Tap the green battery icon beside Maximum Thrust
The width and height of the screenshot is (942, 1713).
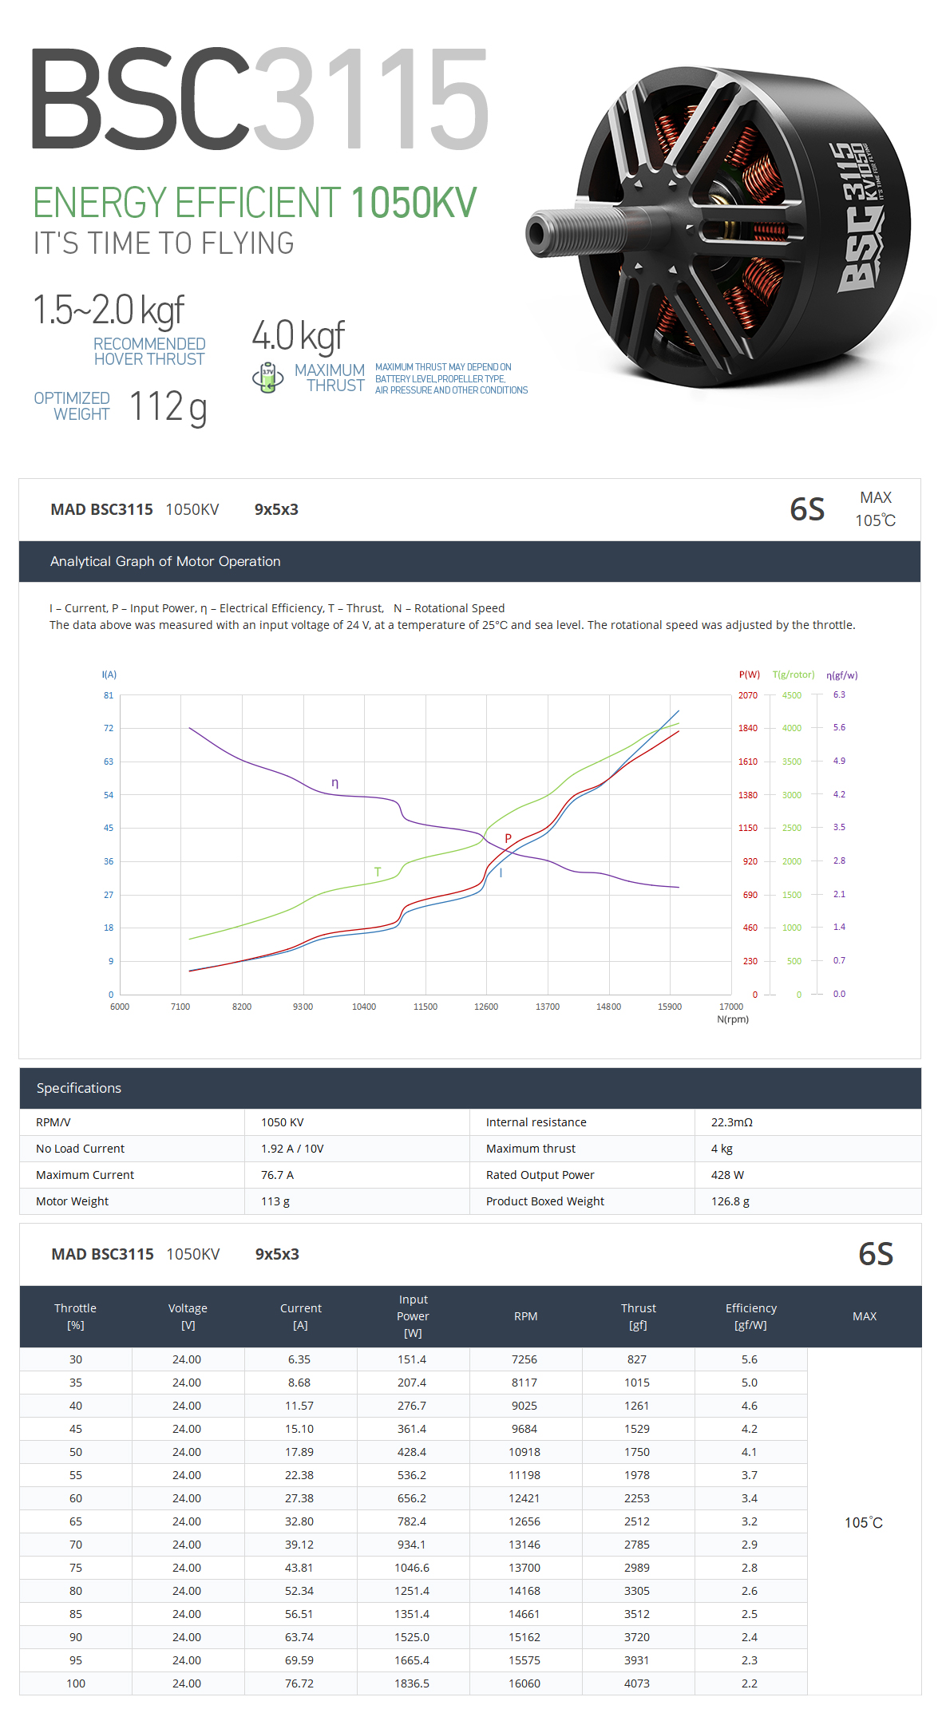point(268,378)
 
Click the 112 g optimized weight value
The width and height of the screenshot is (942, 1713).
point(168,407)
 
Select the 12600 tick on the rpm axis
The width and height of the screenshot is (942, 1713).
point(486,1007)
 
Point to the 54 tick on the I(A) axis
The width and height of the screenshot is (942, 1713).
point(109,795)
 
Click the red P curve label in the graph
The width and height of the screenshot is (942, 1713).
point(508,838)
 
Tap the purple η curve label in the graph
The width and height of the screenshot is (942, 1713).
point(335,783)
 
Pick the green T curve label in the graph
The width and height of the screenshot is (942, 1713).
point(378,872)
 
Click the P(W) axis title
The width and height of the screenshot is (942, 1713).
point(749,675)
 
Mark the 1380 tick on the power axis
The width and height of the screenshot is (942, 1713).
point(748,795)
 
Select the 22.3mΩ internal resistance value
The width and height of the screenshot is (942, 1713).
point(732,1122)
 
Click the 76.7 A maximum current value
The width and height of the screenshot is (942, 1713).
point(277,1175)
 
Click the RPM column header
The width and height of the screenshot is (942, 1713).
point(525,1316)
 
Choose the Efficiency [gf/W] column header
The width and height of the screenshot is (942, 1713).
point(750,1316)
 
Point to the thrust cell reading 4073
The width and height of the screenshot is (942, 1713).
point(637,1683)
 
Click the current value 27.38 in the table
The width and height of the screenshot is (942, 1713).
point(299,1498)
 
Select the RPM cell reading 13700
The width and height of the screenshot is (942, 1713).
point(524,1568)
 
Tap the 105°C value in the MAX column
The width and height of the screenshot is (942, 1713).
point(864,1522)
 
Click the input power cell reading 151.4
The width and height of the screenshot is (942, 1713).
point(412,1359)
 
